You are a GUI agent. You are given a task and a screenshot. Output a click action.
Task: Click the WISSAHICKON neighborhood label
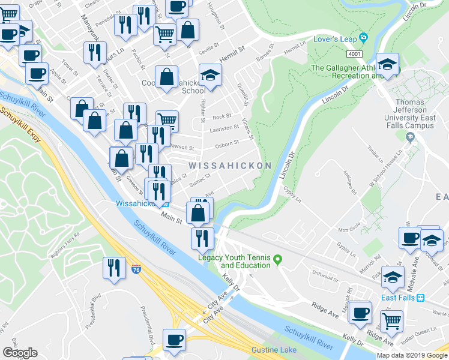pos(231,165)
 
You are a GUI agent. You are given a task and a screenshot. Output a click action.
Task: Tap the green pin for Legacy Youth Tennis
pos(277,260)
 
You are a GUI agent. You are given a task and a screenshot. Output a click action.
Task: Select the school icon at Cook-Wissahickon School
pos(210,76)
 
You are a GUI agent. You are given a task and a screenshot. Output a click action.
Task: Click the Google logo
pos(20,353)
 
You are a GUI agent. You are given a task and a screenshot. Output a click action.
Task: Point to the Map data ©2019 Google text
pos(412,355)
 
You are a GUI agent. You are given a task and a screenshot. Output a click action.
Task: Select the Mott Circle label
pos(352,229)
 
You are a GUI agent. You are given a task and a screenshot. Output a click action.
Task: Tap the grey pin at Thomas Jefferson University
pos(410,137)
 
